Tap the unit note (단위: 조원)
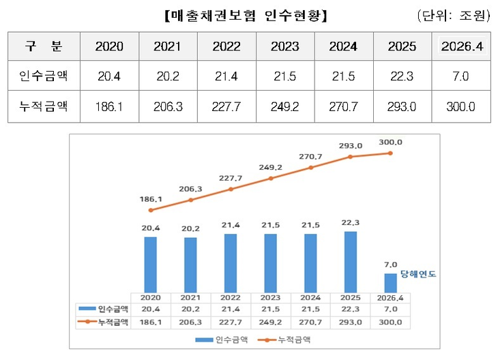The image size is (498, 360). click(x=453, y=14)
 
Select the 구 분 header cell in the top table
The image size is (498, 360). click(x=43, y=46)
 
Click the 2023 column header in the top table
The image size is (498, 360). click(x=284, y=46)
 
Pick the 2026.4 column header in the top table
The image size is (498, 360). click(x=461, y=46)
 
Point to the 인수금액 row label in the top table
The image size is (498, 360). click(x=43, y=77)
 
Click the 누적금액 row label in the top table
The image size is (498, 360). click(x=43, y=107)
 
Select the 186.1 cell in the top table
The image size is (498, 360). click(x=109, y=107)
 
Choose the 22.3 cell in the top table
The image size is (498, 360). click(x=402, y=77)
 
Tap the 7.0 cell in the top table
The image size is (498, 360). click(x=461, y=77)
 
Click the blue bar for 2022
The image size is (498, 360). click(x=231, y=263)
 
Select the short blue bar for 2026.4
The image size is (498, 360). click(x=390, y=283)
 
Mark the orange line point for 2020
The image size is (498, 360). click(x=151, y=210)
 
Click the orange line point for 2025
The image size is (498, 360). click(x=351, y=157)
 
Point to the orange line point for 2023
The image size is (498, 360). click(x=271, y=179)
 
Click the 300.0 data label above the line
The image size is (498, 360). click(x=390, y=142)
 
